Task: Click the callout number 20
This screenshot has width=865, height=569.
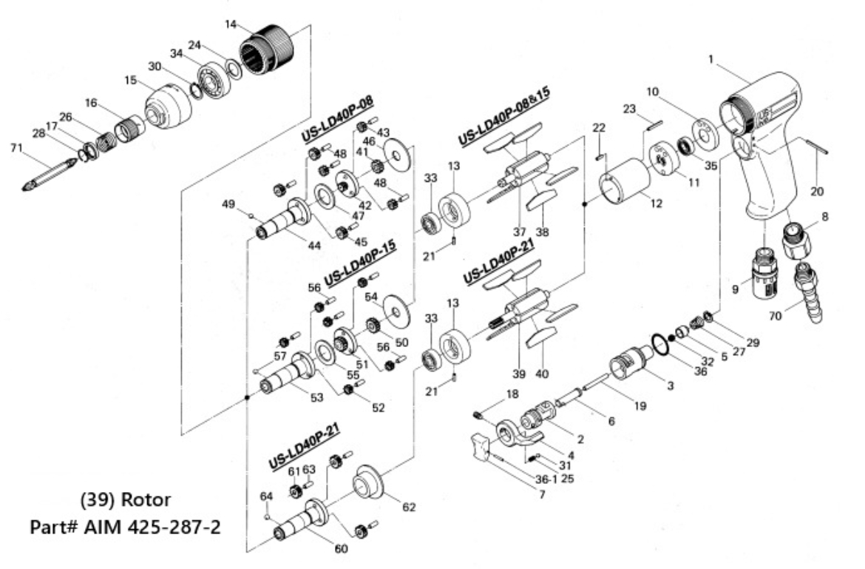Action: [x=815, y=191]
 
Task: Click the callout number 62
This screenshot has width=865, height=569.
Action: [x=408, y=508]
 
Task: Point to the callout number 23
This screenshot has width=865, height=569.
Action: [x=629, y=109]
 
